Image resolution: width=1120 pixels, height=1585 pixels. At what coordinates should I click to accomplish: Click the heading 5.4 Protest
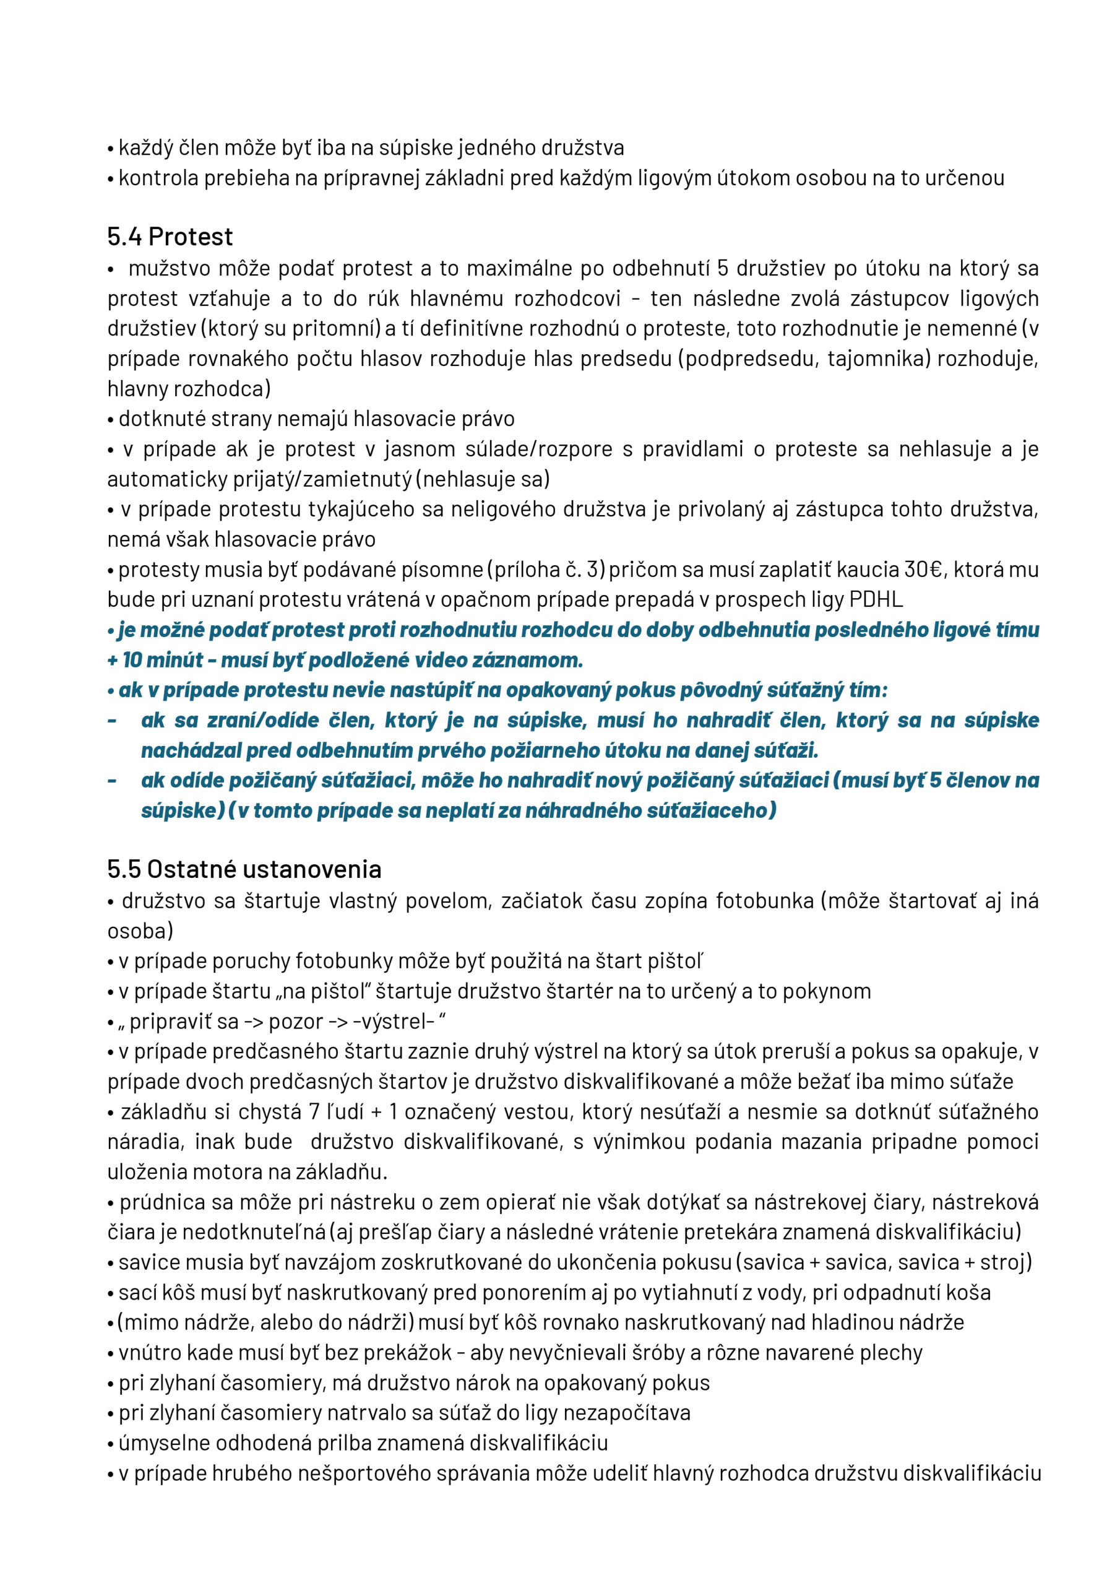(x=170, y=237)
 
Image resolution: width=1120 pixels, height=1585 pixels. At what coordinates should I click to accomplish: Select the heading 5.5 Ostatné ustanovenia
(x=244, y=869)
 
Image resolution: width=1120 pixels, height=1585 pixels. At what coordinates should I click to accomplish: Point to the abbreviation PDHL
(x=876, y=599)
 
